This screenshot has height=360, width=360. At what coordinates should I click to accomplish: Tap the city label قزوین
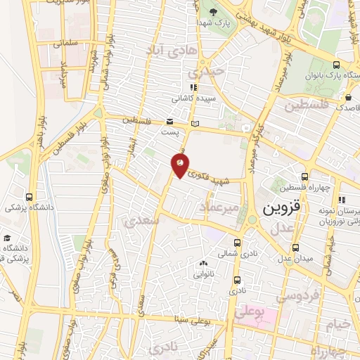(x=282, y=210)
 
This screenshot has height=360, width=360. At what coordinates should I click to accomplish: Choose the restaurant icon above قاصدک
(x=342, y=97)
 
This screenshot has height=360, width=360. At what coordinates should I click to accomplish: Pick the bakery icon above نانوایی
(x=204, y=263)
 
